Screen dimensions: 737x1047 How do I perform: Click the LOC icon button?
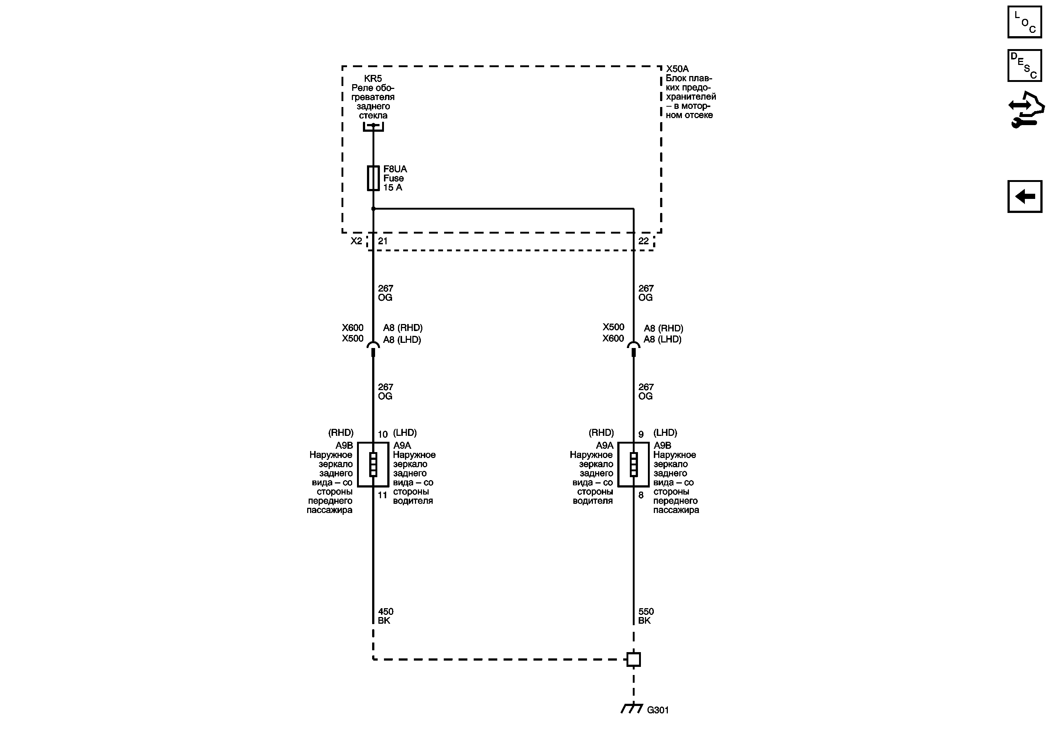click(1024, 22)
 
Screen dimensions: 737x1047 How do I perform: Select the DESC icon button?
click(1024, 66)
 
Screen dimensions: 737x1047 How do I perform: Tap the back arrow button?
click(1024, 196)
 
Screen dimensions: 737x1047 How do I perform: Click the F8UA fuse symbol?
click(373, 178)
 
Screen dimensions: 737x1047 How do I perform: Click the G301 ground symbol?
click(632, 708)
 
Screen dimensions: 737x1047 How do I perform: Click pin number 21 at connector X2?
click(382, 241)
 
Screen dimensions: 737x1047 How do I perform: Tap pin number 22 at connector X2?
click(643, 241)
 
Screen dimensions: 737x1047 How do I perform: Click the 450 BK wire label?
click(385, 616)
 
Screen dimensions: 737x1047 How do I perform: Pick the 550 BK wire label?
click(646, 616)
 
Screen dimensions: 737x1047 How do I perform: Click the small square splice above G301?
click(634, 659)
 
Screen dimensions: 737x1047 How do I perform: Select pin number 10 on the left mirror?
click(382, 434)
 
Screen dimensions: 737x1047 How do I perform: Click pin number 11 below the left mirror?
click(382, 495)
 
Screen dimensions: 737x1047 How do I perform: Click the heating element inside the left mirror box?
click(373, 464)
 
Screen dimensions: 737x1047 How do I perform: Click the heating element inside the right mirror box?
click(634, 464)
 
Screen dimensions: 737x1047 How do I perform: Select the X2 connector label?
click(356, 241)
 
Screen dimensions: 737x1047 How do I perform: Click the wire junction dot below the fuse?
click(373, 209)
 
